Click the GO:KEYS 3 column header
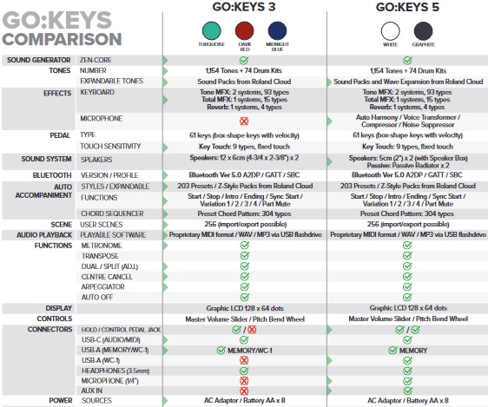click(x=244, y=10)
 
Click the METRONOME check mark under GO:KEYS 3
click(x=244, y=246)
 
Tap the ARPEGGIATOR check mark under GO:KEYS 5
click(x=406, y=285)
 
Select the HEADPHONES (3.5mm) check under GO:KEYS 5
click(x=406, y=369)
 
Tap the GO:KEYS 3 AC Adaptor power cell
click(x=244, y=401)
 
